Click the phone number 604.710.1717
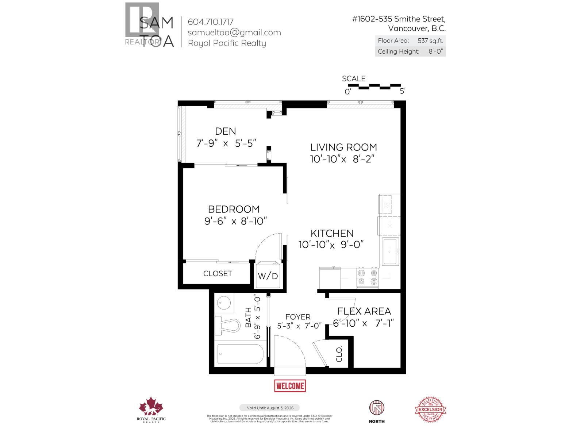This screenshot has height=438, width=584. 211,22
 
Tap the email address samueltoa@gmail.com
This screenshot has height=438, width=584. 234,32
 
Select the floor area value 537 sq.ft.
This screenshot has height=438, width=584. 430,41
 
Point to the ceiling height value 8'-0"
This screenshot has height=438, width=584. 435,51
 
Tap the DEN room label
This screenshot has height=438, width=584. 226,131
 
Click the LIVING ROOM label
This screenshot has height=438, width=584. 343,147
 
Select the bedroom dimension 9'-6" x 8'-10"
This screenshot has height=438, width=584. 236,221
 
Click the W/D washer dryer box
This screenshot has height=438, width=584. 268,276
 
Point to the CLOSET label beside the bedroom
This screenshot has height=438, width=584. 218,274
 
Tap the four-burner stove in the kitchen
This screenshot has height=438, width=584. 368,277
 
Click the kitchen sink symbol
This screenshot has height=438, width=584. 391,251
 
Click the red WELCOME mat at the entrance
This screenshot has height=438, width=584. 290,386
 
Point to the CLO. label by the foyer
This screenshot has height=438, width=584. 339,354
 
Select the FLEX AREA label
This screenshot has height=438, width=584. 364,311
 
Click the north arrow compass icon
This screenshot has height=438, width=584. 377,408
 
